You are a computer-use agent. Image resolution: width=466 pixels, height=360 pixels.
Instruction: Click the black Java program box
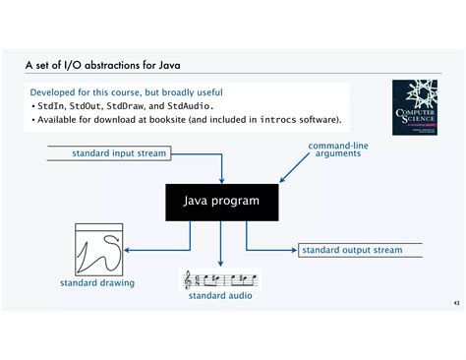[x=220, y=201]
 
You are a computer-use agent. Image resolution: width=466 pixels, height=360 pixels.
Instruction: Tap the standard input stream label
[x=119, y=153]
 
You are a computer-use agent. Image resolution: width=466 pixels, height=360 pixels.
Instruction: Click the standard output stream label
[x=351, y=250]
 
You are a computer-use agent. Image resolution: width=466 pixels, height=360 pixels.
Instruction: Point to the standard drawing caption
[x=96, y=283]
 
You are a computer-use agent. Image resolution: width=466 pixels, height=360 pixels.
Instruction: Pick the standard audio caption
[x=219, y=295]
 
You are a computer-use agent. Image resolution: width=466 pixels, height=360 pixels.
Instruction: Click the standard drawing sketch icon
[x=97, y=249]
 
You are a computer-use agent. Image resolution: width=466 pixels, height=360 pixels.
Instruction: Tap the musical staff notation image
[x=220, y=278]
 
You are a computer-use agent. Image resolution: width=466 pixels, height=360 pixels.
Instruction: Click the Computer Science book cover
[x=419, y=108]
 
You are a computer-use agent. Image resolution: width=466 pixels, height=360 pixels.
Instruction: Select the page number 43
[x=455, y=302]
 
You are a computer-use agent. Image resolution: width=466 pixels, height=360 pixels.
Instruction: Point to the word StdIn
[x=49, y=106]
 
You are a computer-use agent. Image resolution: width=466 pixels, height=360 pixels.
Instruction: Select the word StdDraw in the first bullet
[x=125, y=106]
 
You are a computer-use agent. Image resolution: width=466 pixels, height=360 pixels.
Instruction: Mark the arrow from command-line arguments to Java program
[x=294, y=170]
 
